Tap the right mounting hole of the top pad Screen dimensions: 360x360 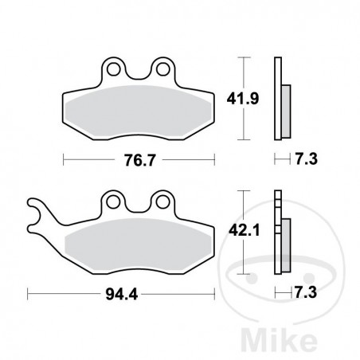[x=164, y=68]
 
